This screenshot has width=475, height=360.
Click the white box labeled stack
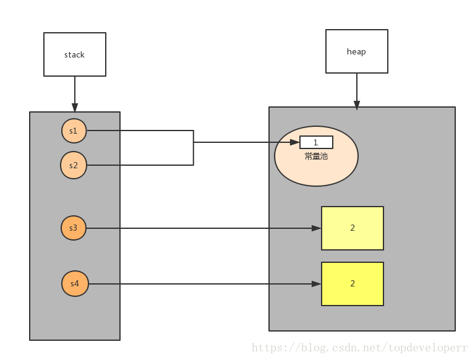coord(75,54)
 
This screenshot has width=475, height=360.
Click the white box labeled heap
coord(356,51)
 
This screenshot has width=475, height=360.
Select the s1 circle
coord(74,131)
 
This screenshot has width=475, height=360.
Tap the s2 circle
coord(74,165)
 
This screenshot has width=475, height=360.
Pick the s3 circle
coord(74,228)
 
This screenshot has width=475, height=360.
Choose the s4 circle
coord(75,284)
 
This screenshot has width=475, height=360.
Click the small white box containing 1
coord(316,142)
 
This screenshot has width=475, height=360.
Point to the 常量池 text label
coord(316,156)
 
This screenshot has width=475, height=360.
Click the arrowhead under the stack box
coord(75,107)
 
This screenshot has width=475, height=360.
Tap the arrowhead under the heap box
coord(356,105)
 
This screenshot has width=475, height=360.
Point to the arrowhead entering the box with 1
coord(295,142)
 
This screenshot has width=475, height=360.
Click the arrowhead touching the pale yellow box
coord(316,228)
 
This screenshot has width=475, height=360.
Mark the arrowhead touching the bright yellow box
coord(316,284)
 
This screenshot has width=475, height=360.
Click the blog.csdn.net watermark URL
coord(360,348)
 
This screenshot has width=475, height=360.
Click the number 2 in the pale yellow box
coord(353,228)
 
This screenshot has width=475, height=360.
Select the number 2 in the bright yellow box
coord(353,283)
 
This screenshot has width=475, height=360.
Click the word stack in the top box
coord(74,54)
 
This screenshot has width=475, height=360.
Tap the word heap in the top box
coord(356,51)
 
